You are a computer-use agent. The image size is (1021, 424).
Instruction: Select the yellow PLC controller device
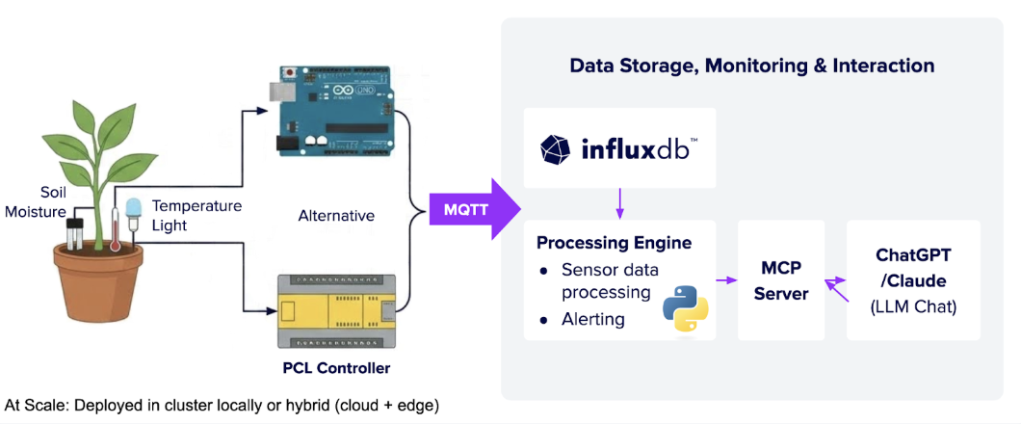334,309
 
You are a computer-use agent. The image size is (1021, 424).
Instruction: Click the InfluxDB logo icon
556,149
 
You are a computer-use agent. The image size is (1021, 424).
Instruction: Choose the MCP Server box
780,279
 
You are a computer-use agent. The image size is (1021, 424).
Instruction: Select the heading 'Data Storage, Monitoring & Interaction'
751,66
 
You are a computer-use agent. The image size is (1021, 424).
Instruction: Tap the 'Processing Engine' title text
614,242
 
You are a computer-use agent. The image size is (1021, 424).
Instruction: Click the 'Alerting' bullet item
592,319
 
